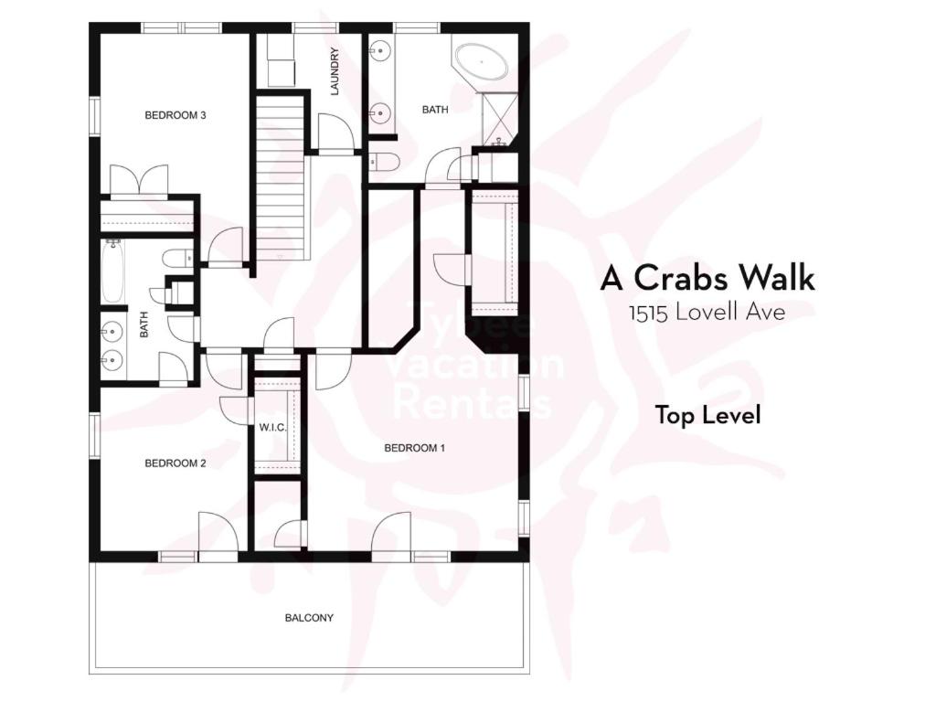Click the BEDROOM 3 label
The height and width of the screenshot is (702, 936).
pos(175,114)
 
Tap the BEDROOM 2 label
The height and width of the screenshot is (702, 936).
pos(175,463)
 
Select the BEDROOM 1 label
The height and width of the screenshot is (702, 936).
pos(414,448)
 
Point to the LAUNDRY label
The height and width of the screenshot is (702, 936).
pos(335,71)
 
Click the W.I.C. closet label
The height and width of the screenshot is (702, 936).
pos(272,428)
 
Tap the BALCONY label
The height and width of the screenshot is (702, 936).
pos(309,618)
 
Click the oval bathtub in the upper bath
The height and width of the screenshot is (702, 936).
pos(481,61)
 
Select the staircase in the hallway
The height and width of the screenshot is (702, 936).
pos(282,178)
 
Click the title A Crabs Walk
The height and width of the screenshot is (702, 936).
pos(707,278)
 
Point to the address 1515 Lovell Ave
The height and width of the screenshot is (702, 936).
pos(707,312)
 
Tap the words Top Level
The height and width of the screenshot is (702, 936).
pos(708,414)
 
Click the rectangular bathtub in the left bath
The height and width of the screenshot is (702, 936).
pos(112,272)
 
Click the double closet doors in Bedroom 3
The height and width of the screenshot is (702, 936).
pos(140,180)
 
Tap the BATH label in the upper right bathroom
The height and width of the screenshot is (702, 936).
pos(435,110)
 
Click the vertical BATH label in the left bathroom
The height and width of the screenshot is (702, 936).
pos(144,324)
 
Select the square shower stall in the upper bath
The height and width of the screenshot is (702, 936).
pos(499,118)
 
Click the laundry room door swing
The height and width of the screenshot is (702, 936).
pos(336,132)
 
